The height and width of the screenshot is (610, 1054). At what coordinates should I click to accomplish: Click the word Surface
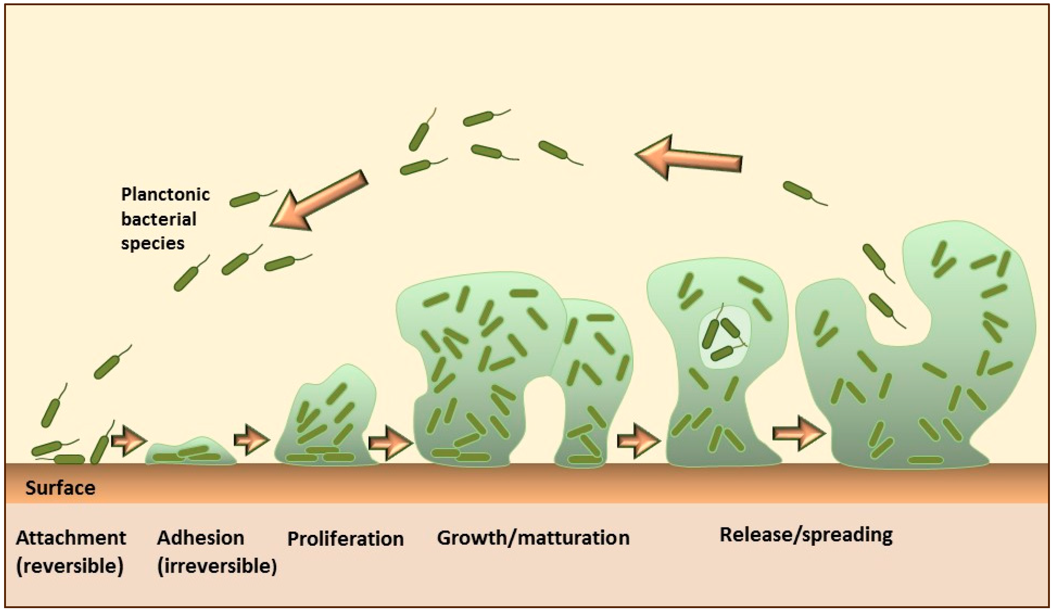click(60, 488)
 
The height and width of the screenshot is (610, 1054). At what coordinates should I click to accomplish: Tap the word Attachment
click(71, 537)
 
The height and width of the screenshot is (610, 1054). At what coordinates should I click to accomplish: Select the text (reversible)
click(70, 566)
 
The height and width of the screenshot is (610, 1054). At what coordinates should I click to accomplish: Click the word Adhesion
click(200, 537)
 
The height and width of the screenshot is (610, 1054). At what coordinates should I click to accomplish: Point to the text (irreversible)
click(216, 566)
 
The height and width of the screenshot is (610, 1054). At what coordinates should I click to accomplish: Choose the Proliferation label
click(345, 539)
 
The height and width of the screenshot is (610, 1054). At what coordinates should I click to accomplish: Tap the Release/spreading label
click(806, 535)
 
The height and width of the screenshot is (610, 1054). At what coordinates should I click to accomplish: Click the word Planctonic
click(166, 194)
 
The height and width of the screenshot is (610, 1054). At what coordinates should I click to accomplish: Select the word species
click(153, 243)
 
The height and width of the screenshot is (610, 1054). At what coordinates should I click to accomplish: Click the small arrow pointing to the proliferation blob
click(251, 440)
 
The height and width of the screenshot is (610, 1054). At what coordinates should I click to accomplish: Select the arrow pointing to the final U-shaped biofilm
click(798, 433)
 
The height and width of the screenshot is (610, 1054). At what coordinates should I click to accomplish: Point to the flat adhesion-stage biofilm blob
click(190, 453)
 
